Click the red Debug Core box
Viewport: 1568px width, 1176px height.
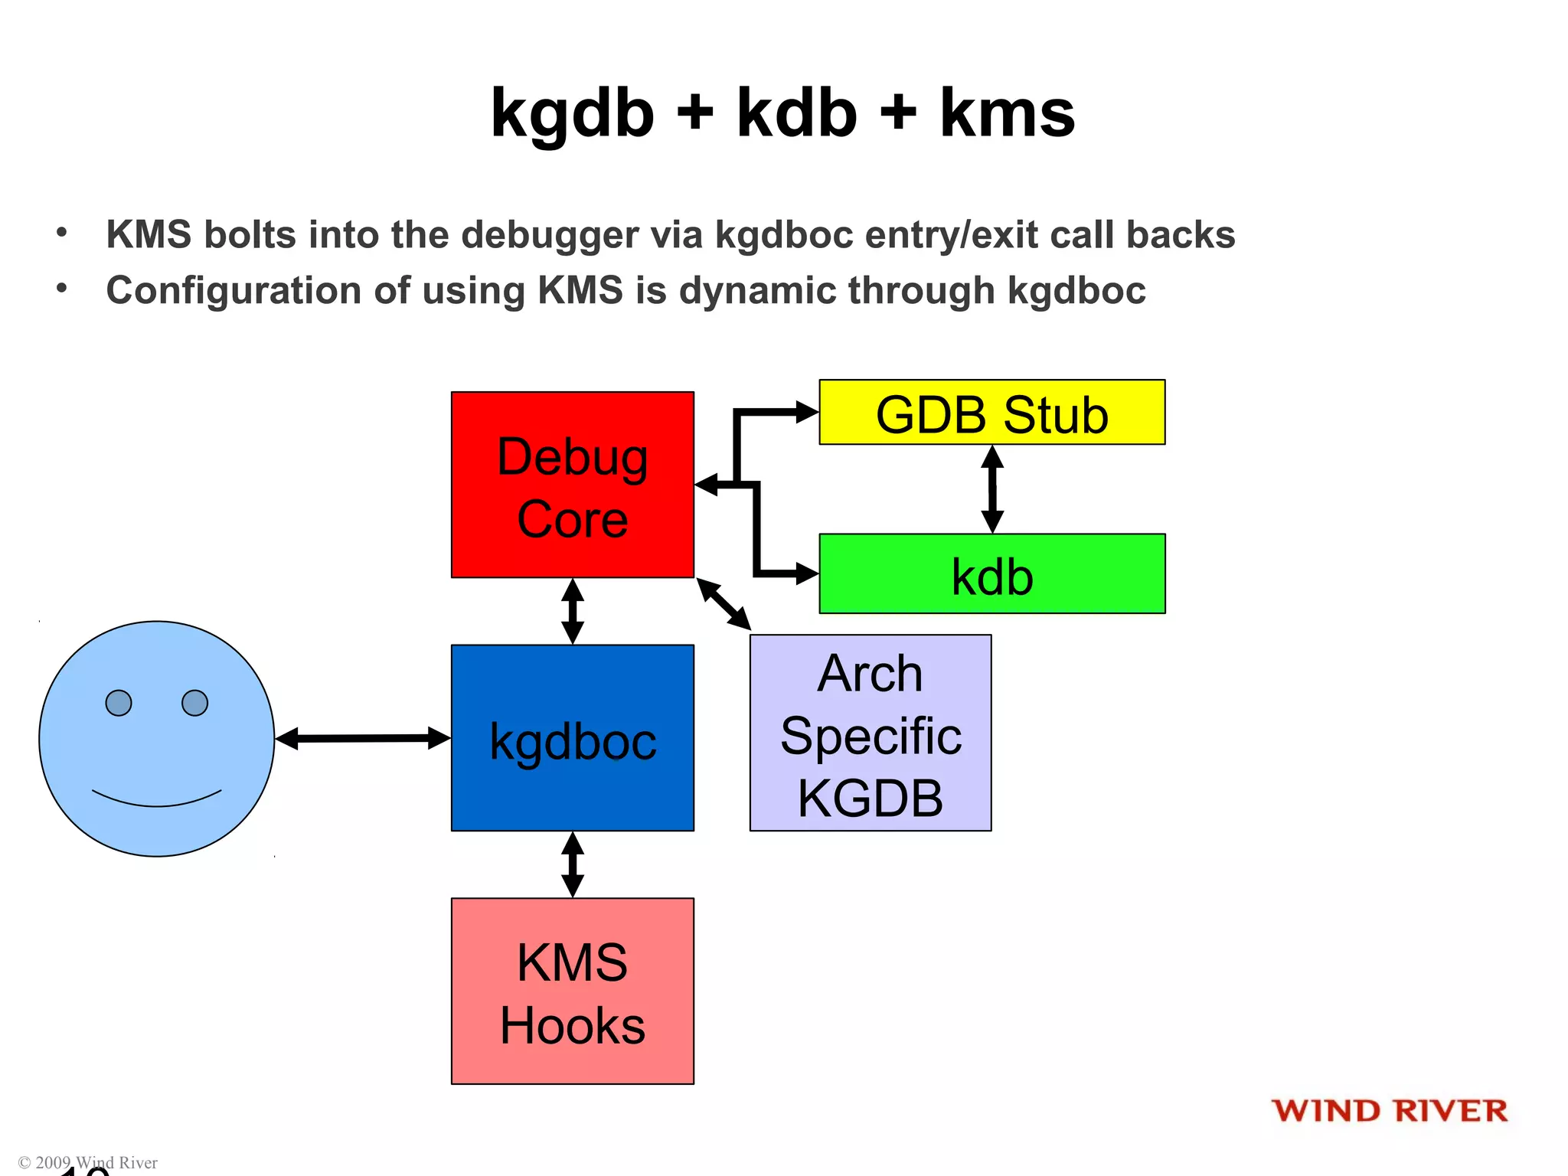point(572,484)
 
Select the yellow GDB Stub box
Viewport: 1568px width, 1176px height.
point(991,413)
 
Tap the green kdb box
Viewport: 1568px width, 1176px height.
point(991,574)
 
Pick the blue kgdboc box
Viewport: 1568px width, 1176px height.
point(572,737)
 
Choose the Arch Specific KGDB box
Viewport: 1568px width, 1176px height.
point(870,733)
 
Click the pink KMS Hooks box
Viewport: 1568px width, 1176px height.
point(572,991)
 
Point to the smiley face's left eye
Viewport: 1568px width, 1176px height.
point(119,702)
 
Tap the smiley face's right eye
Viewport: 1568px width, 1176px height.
point(194,702)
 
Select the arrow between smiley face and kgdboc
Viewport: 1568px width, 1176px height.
point(362,738)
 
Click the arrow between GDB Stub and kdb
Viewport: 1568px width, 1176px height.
point(992,488)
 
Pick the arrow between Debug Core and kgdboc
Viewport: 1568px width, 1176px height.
point(572,611)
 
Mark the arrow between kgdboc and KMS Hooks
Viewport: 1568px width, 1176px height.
point(572,864)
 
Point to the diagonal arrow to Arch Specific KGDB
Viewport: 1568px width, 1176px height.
point(724,604)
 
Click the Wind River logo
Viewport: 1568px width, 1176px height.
point(1389,1111)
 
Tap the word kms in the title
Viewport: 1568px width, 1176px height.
point(1007,113)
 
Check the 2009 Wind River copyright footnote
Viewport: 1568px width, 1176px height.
point(88,1162)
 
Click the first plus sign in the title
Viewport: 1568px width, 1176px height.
point(694,113)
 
